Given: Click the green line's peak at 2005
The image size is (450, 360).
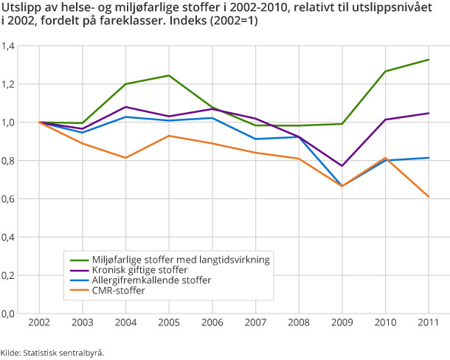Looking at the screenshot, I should pos(169,75).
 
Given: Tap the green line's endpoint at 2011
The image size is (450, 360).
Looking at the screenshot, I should pos(429,60).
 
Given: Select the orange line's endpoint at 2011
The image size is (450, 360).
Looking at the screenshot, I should pos(429,197).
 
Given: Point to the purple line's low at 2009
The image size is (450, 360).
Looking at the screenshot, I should pos(342,166).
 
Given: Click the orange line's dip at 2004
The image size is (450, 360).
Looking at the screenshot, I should pos(126,158).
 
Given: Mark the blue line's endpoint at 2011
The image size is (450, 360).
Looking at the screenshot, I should pos(429,157).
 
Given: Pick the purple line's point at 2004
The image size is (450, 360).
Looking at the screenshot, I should pos(126,107).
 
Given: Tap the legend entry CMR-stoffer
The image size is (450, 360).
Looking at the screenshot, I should pos(118,291).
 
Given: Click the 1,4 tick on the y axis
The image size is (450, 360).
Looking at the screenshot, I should pos(9,46).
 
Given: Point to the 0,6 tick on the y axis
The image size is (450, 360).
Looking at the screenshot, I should pos(9,199).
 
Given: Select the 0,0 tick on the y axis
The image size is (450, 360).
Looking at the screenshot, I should pos(9,314).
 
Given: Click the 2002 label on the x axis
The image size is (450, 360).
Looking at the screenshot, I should pos(40,323).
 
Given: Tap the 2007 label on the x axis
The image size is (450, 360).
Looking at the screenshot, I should pos(256,323).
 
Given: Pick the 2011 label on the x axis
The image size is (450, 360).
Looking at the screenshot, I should pos(429,323).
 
